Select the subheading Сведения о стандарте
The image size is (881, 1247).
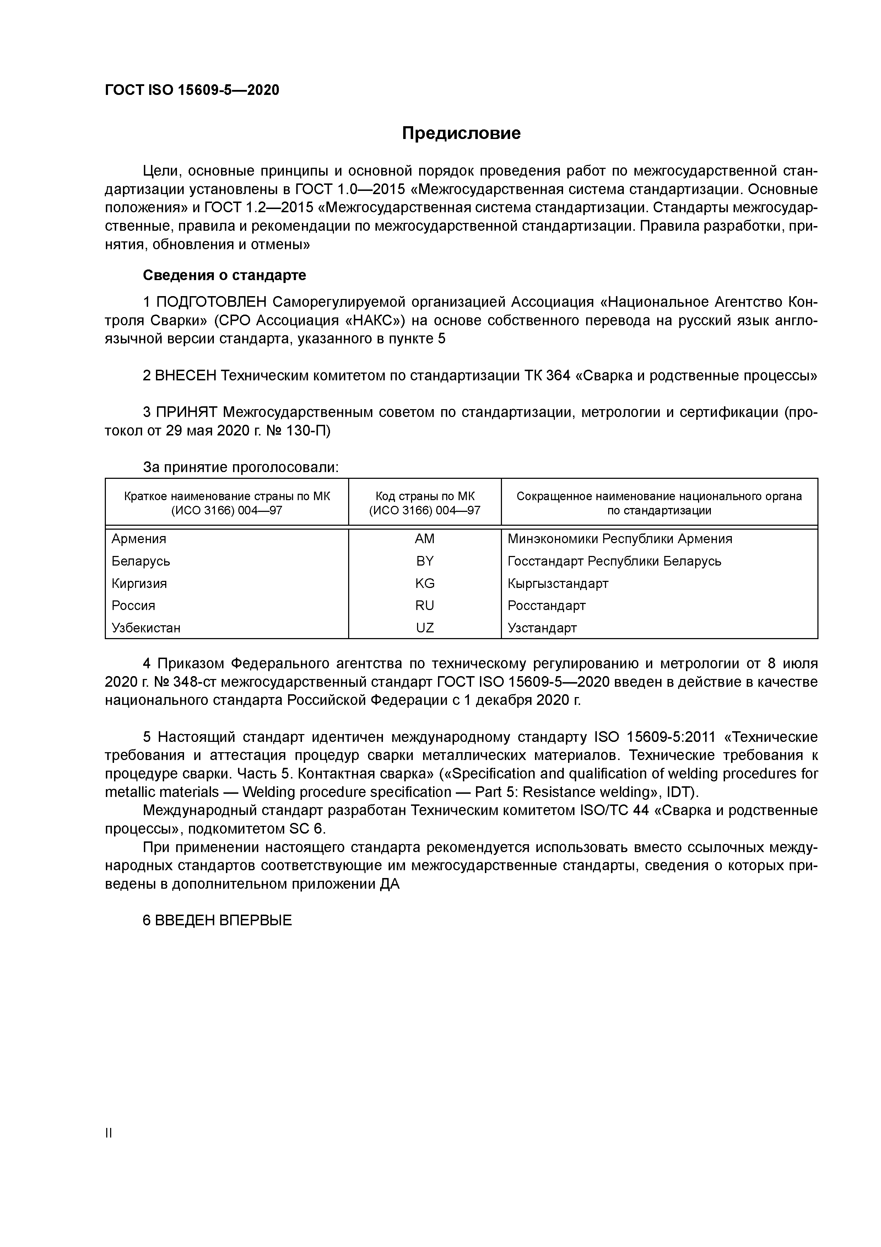(224, 275)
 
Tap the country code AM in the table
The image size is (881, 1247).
(425, 539)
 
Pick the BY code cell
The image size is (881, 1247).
(425, 561)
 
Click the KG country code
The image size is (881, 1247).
(425, 583)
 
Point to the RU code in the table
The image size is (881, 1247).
(425, 606)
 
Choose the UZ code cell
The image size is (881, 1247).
(425, 628)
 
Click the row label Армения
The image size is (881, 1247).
(139, 539)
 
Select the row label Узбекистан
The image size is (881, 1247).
(146, 628)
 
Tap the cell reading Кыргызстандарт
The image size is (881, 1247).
(558, 583)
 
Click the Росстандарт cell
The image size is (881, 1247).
(547, 606)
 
